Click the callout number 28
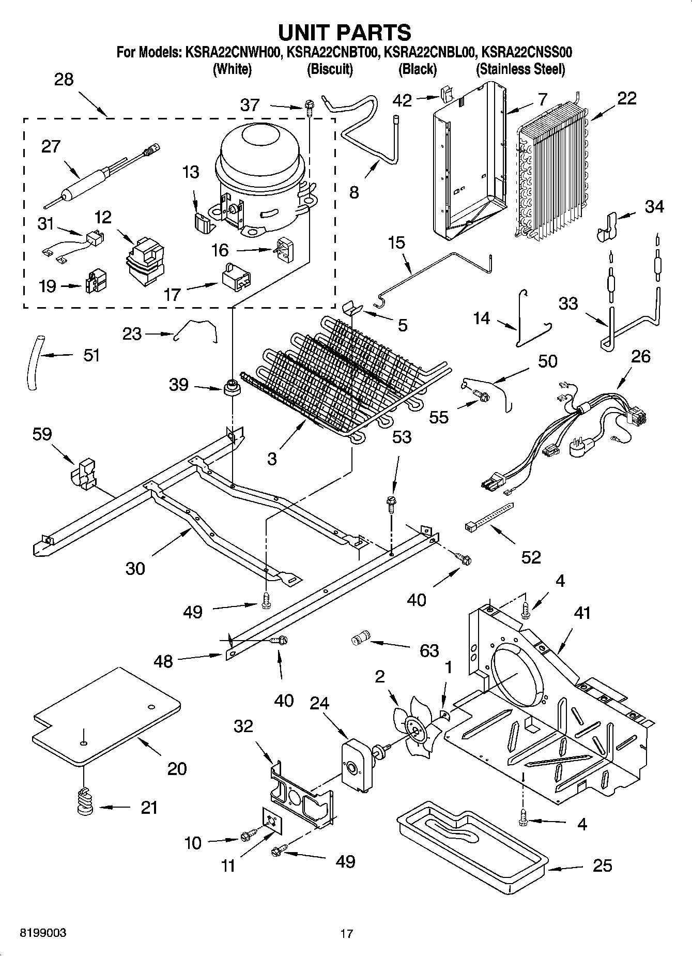pyautogui.click(x=64, y=80)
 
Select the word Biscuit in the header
pyautogui.click(x=330, y=69)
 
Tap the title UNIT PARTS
pyautogui.click(x=345, y=32)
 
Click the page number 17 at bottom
pyautogui.click(x=346, y=934)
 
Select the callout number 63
pyautogui.click(x=429, y=650)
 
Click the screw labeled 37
pyautogui.click(x=309, y=108)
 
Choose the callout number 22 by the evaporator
pyautogui.click(x=627, y=98)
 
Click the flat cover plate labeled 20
pyautogui.click(x=106, y=716)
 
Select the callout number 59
pyautogui.click(x=42, y=434)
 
